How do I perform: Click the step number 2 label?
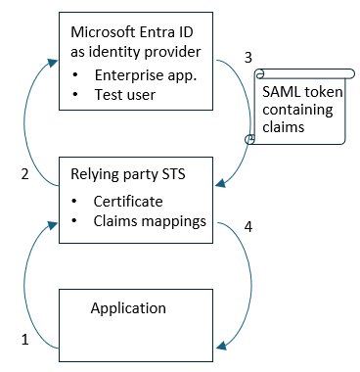tap(24, 176)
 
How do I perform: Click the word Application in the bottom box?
tap(128, 308)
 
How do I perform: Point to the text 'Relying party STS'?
tap(126, 176)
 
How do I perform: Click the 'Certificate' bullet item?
tap(128, 201)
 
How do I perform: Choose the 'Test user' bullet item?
tap(126, 96)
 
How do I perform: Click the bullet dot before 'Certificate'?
tap(75, 202)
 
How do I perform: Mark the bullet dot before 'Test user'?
tap(75, 96)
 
